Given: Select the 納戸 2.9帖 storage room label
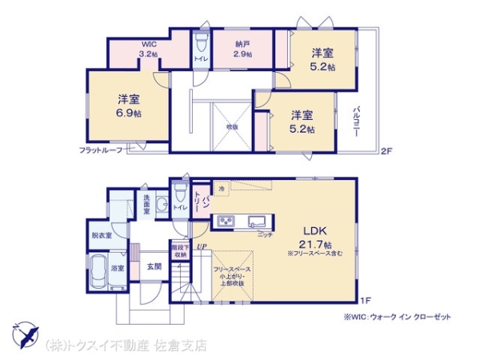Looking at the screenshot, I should click(x=242, y=50).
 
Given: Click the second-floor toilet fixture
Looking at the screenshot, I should click(x=200, y=39).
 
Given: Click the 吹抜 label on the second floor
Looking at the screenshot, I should click(x=232, y=126).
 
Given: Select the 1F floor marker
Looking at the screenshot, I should click(x=364, y=300).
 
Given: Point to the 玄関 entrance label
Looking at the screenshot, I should click(x=154, y=266).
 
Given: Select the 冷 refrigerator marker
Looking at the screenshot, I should click(x=222, y=189).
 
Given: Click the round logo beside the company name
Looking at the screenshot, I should click(x=26, y=335).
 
